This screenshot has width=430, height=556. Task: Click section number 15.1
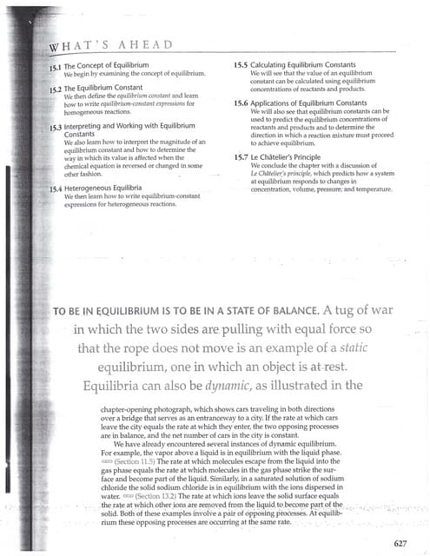(x=54, y=66)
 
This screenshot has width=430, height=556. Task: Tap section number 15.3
(x=54, y=125)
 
